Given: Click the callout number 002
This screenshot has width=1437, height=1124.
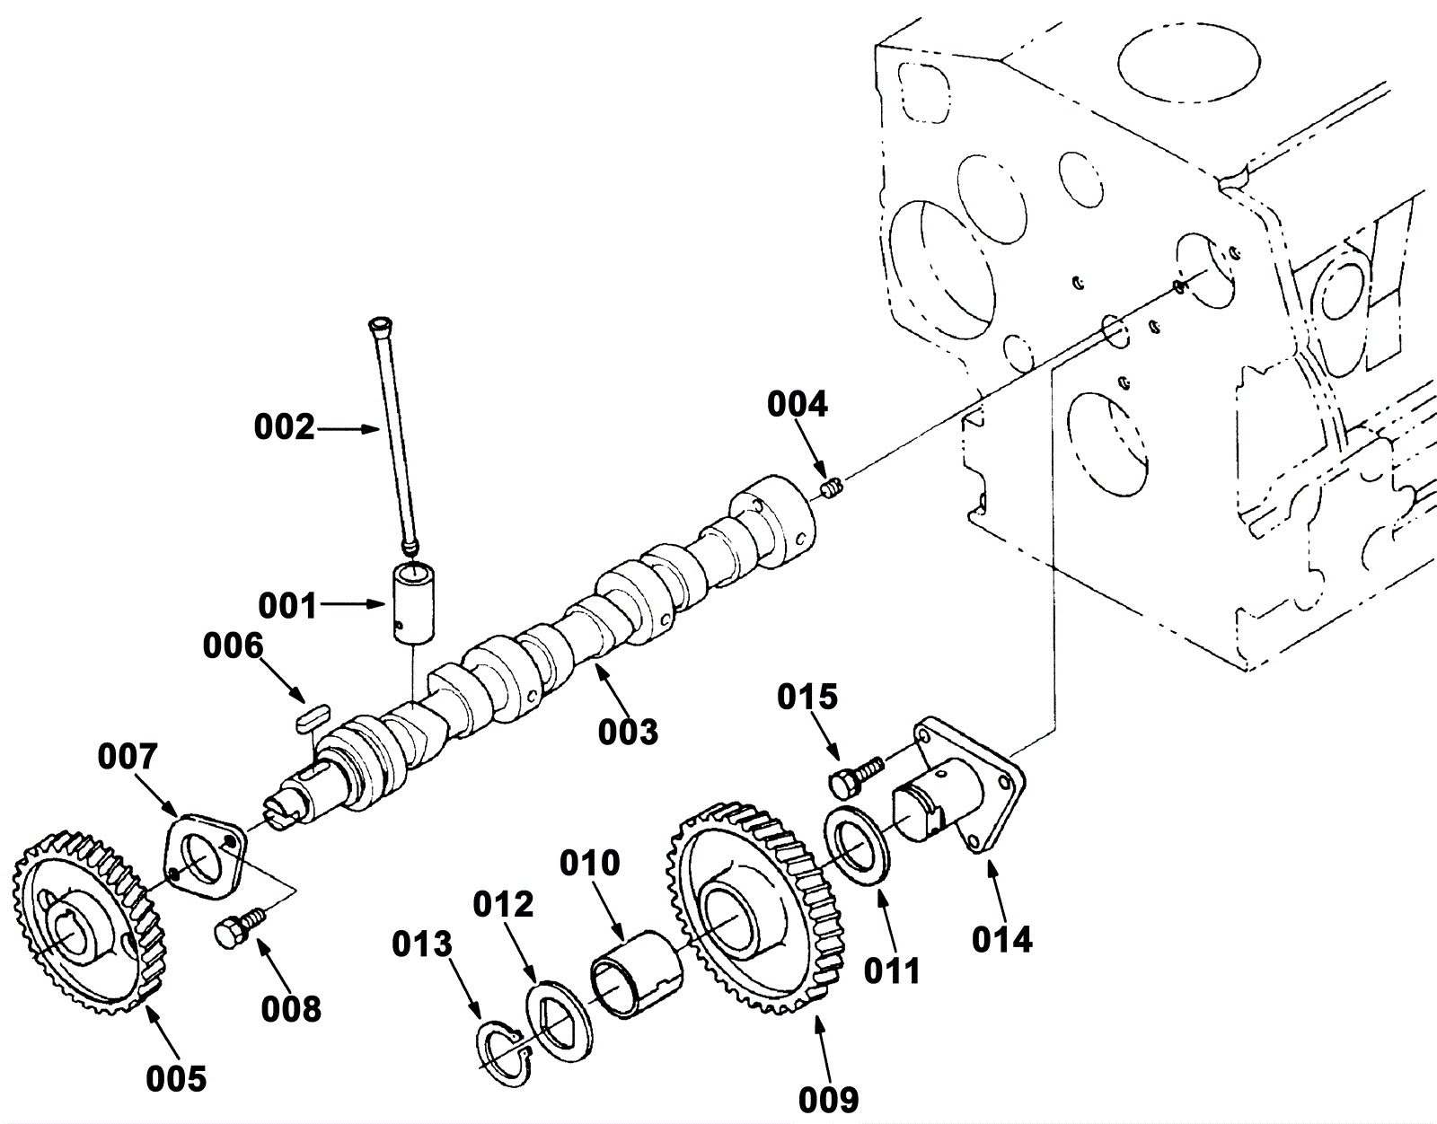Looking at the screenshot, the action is (285, 428).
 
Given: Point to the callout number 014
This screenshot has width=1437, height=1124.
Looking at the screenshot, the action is (1001, 940).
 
